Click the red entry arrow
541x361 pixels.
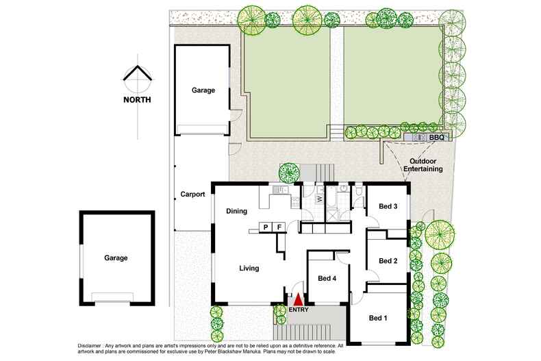[x=298, y=299]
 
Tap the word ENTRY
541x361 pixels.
[x=299, y=310]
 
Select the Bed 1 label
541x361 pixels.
[x=378, y=318]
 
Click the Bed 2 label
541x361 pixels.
[x=388, y=260]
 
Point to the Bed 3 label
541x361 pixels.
[x=388, y=206]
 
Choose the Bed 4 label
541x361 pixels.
[x=327, y=278]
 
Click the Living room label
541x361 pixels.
[x=249, y=268]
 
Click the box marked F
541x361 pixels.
[x=279, y=227]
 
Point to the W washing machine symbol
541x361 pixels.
[x=319, y=199]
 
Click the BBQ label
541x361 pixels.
[x=436, y=138]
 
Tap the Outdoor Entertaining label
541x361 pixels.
[x=421, y=164]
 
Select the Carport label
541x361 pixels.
[x=192, y=195]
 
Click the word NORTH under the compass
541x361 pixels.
[x=137, y=99]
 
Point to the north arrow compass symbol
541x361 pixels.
[x=137, y=77]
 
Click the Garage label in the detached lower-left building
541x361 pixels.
[x=116, y=258]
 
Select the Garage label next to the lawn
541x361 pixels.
[x=203, y=90]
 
